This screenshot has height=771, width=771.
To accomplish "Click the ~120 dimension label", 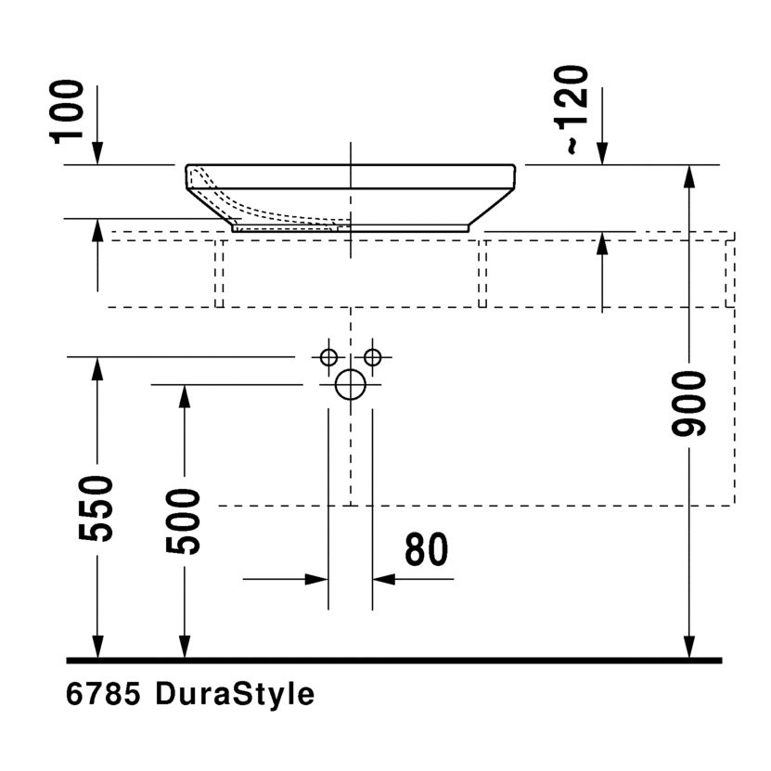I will [575, 109].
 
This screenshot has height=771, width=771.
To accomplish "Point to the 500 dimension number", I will [184, 521].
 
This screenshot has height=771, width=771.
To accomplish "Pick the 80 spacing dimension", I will [426, 549].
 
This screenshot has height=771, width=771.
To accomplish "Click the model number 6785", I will [102, 694].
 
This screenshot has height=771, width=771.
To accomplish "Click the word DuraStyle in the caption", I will [235, 694].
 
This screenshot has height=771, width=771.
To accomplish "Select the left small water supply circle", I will [328, 356].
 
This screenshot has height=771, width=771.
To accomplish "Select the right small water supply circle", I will [372, 356].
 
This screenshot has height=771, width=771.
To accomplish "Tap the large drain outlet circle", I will [350, 384].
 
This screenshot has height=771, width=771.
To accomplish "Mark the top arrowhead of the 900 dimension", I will [688, 176].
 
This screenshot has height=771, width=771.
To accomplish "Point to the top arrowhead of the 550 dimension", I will [96, 368].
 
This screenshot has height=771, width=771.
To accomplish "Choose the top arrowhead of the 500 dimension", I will [184, 396].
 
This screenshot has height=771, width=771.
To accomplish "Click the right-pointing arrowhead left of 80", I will [317, 579].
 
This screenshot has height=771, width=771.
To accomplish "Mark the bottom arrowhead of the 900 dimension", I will [688, 647].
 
